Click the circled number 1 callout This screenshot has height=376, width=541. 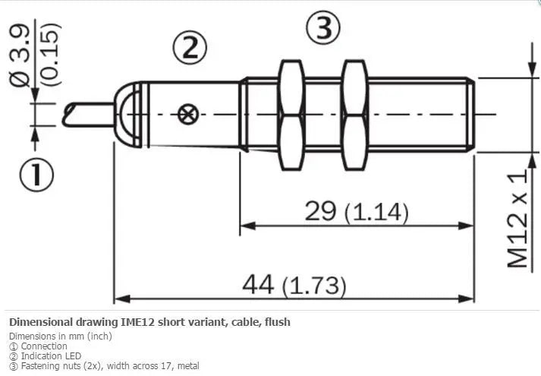36,175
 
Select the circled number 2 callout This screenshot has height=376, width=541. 190,48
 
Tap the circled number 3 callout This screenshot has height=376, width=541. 323,28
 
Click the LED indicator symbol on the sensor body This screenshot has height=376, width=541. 188,114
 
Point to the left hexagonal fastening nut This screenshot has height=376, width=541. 292,115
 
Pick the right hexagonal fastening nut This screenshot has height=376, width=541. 354,115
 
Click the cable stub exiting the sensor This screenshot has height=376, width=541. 88,115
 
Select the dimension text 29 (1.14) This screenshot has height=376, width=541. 357,211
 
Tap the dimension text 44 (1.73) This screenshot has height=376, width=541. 294,285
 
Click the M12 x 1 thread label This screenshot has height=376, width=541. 517,219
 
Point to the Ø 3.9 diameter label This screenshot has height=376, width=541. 20,56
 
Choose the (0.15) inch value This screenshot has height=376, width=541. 50,54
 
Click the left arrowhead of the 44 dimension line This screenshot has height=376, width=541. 122,299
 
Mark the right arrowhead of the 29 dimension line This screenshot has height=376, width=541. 466,226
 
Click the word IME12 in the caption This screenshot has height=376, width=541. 136,322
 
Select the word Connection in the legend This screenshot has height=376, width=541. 44,346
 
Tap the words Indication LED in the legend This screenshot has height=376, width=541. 51,356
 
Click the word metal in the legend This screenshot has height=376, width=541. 187,365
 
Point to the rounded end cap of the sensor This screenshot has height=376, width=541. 127,115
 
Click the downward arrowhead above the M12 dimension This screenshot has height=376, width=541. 533,68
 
